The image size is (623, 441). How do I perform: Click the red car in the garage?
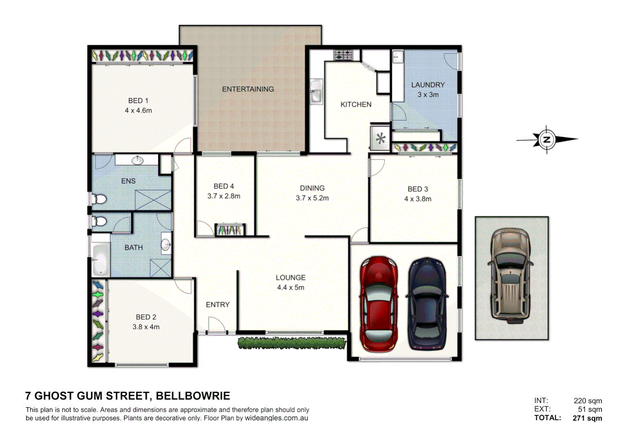(x=379, y=304)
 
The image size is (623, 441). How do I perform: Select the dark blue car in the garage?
(x=427, y=304)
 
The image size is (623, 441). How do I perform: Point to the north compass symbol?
(x=547, y=140)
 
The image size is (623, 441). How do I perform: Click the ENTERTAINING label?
(x=248, y=89)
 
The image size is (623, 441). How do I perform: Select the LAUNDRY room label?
(x=428, y=85)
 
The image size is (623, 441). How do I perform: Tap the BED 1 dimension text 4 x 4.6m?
(x=138, y=111)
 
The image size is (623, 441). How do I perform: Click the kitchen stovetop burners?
(x=343, y=54)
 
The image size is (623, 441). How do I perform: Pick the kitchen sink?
(x=315, y=92)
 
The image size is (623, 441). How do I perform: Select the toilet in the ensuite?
(x=98, y=199)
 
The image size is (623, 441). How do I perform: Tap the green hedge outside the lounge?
(x=291, y=343)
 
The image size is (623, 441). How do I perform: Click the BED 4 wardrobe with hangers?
(x=231, y=230)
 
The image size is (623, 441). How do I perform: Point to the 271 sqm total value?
(x=587, y=418)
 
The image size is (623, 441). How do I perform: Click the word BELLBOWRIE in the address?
(x=193, y=396)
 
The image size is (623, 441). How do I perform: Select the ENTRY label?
(x=217, y=305)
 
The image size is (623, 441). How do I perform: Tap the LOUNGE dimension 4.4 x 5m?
(x=290, y=287)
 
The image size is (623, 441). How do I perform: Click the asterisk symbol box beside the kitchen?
(x=380, y=138)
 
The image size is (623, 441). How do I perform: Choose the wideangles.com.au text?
(x=276, y=418)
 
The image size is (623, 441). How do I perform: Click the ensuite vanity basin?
(x=137, y=160)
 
